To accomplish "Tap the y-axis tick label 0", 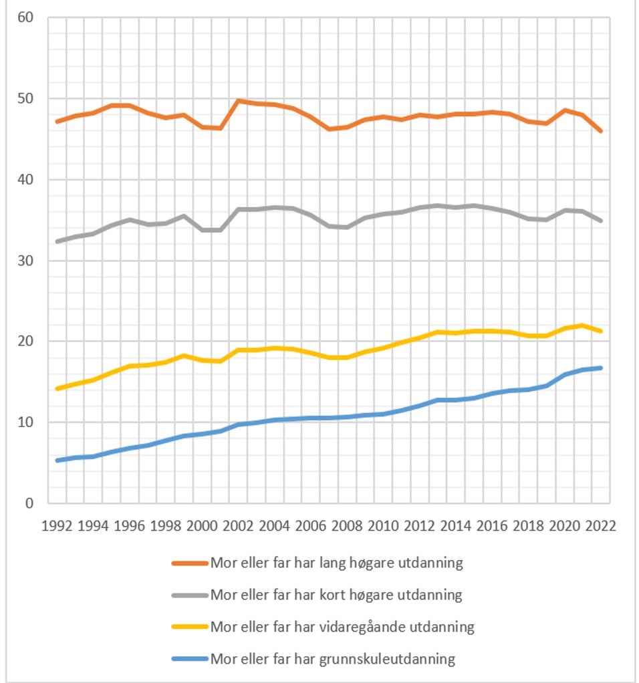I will [x=29, y=503].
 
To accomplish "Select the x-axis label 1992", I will [x=57, y=525].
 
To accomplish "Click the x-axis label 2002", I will [x=238, y=525].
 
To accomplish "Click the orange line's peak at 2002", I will [x=238, y=101].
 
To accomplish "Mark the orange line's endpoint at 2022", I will [x=601, y=131].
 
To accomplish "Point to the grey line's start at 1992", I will [x=57, y=241].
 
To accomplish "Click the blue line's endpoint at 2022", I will [x=601, y=368].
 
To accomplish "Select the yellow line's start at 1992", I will [x=57, y=388].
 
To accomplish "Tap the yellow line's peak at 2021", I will [x=583, y=325].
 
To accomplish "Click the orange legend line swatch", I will [x=189, y=563].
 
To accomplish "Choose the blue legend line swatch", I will [x=189, y=659].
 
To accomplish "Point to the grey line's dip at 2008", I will [x=347, y=227].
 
